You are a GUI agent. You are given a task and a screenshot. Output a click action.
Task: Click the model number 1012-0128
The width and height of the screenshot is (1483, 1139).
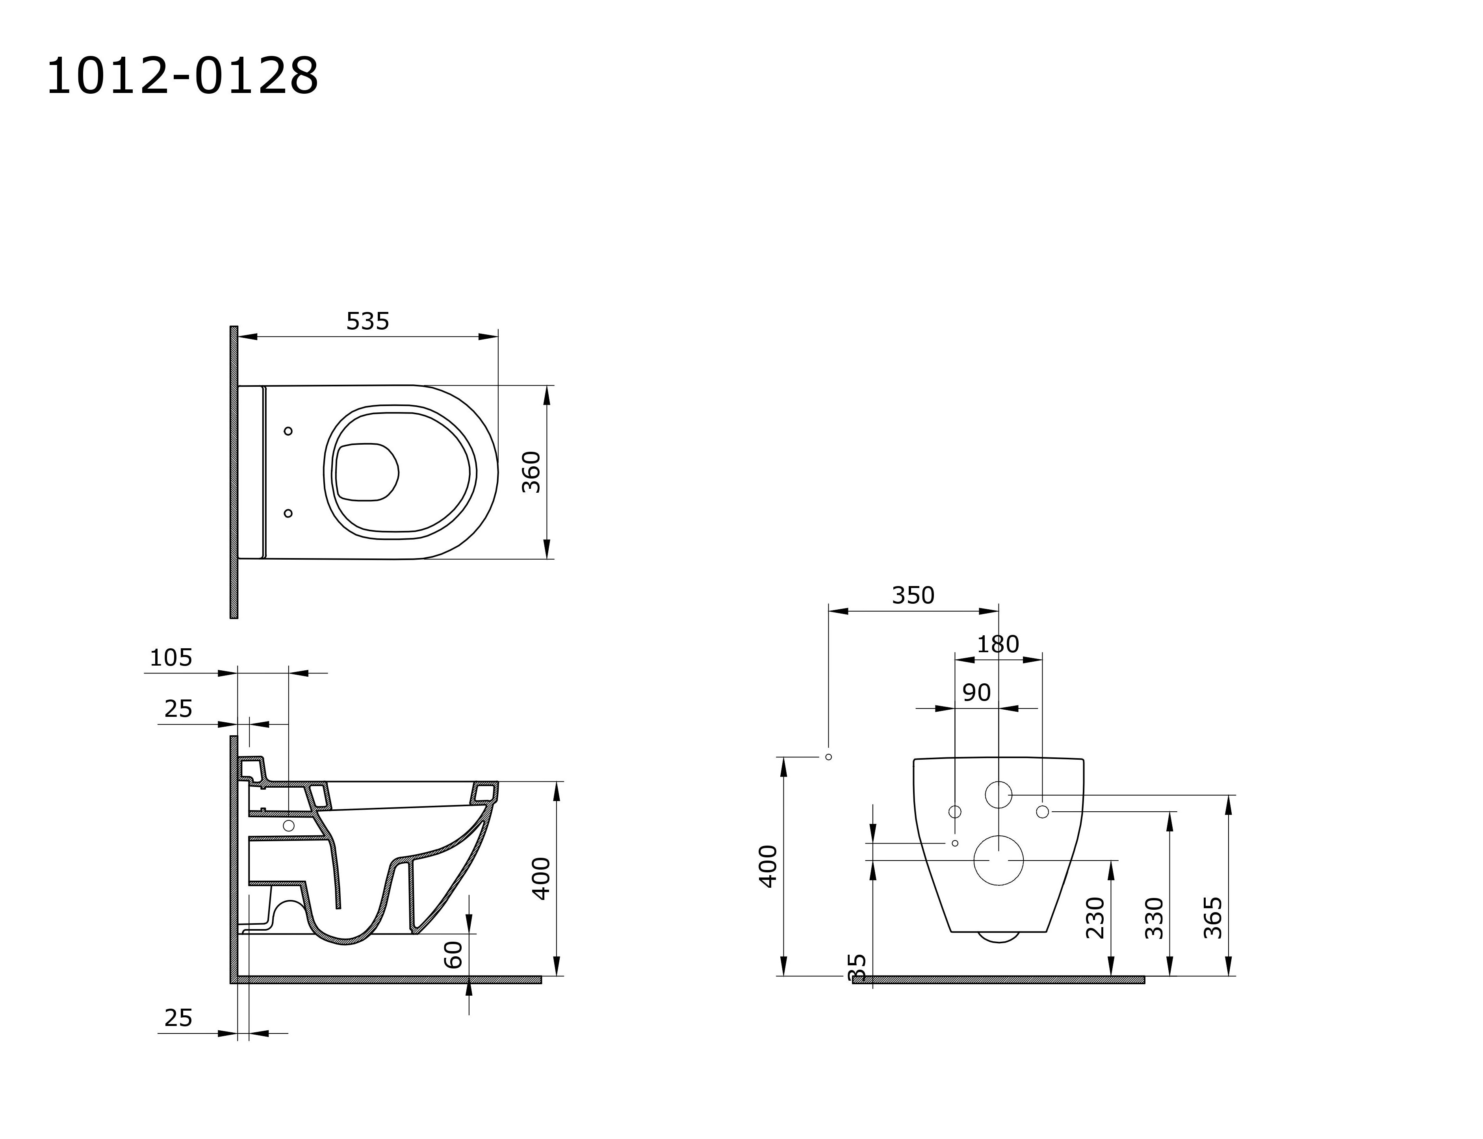(182, 76)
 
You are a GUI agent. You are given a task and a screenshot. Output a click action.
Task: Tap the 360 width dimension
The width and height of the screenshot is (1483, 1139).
(532, 472)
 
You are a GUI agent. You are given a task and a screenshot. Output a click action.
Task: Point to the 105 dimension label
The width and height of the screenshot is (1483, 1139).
(171, 658)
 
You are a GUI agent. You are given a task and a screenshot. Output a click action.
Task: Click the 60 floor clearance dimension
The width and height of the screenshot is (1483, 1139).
(453, 955)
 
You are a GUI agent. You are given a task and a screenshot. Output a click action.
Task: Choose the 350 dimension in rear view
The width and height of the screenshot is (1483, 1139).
(913, 595)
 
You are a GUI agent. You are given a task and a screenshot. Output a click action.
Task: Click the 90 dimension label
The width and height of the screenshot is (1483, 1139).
(976, 692)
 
